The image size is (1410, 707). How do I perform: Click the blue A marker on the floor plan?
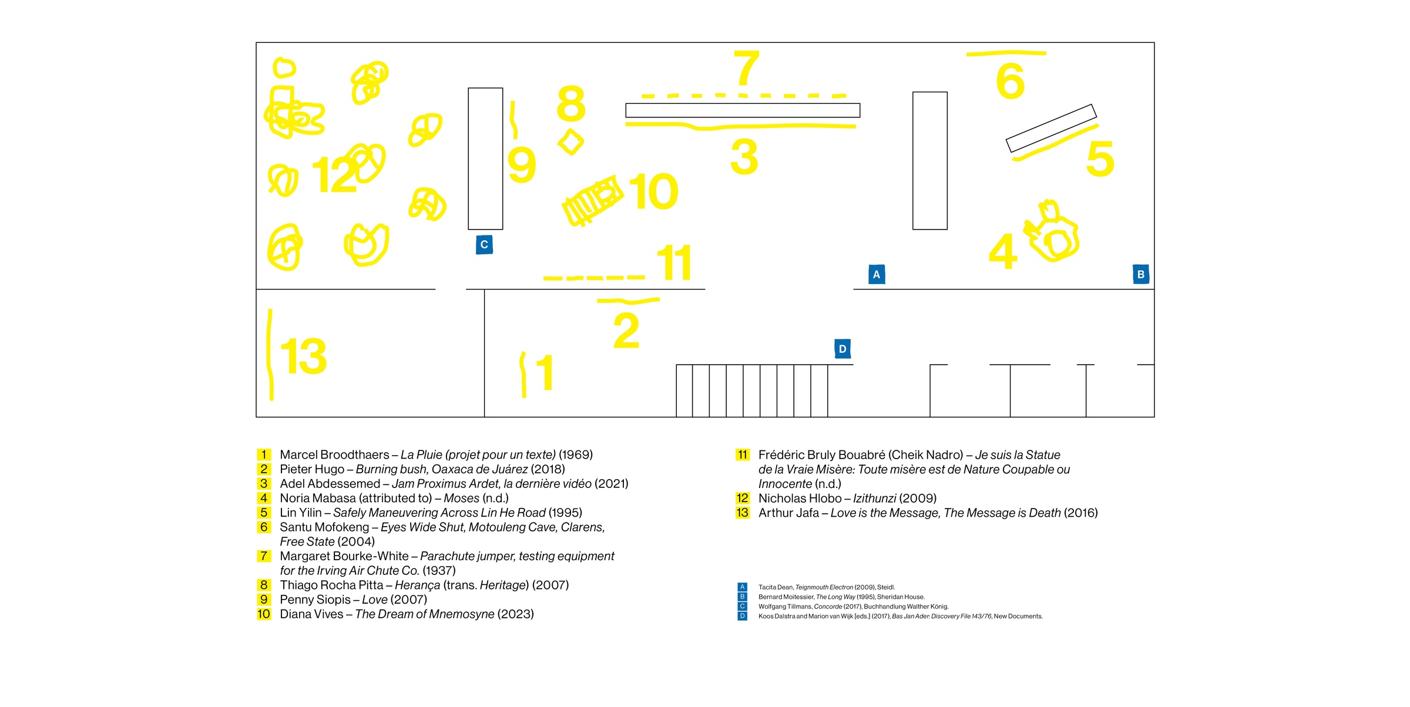tap(877, 274)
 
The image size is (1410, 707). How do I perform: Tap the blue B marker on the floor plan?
tap(1141, 274)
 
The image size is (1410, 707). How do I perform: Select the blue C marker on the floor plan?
tap(484, 245)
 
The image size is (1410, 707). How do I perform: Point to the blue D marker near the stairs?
tap(842, 349)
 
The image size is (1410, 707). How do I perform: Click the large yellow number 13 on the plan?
tap(303, 356)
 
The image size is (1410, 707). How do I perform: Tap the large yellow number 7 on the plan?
tap(747, 68)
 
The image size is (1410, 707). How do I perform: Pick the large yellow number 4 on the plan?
tap(1003, 251)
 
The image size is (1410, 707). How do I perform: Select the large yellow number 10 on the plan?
tap(654, 191)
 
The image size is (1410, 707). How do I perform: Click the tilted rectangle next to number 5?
tap(1051, 129)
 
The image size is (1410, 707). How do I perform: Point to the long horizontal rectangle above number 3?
tap(743, 110)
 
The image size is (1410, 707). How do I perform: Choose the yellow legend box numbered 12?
tap(743, 499)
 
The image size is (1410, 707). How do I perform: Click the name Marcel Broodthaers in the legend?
tap(334, 455)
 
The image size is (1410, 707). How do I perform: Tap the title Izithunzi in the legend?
tap(874, 499)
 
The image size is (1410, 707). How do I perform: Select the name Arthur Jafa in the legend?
tap(788, 513)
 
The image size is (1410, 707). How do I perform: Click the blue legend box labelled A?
tap(742, 587)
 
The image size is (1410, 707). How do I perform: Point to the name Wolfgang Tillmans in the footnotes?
tap(785, 607)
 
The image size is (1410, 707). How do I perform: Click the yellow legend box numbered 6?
tap(264, 527)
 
